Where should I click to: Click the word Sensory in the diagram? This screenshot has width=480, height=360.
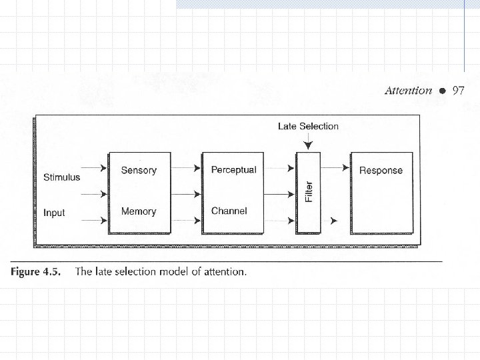(x=139, y=170)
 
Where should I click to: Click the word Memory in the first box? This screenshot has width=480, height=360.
(x=139, y=211)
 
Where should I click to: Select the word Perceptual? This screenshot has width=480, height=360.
(x=233, y=170)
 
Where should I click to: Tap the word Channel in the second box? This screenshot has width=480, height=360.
(x=229, y=211)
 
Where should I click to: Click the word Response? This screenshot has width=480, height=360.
(x=381, y=171)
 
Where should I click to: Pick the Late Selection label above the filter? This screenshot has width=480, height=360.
(x=308, y=126)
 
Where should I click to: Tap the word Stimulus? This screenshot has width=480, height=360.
(x=61, y=177)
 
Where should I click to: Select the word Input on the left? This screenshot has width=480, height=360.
(x=54, y=213)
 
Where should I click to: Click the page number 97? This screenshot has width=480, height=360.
(x=458, y=91)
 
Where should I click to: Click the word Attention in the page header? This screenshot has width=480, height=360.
(x=408, y=91)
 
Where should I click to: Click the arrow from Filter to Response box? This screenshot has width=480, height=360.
(x=343, y=169)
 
